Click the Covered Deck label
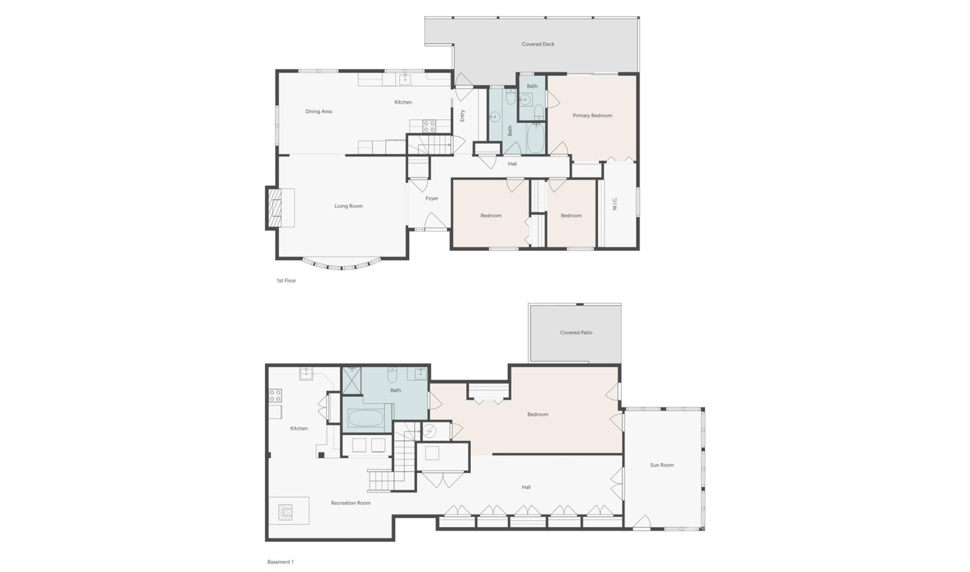click(x=538, y=45)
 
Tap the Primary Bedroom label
click(x=592, y=116)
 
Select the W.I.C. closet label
click(x=615, y=204)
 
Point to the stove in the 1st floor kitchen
click(x=429, y=125)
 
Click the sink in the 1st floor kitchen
click(x=405, y=79)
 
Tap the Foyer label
click(x=431, y=198)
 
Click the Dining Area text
click(x=319, y=111)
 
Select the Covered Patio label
click(x=576, y=333)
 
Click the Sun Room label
click(x=662, y=465)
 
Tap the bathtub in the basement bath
click(x=366, y=419)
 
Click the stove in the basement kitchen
click(x=275, y=395)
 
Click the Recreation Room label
click(x=351, y=503)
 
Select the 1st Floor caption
click(x=286, y=281)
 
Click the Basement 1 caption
click(x=280, y=562)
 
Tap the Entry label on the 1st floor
click(x=462, y=116)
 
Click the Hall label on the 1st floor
click(x=512, y=164)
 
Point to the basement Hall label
click(x=526, y=488)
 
